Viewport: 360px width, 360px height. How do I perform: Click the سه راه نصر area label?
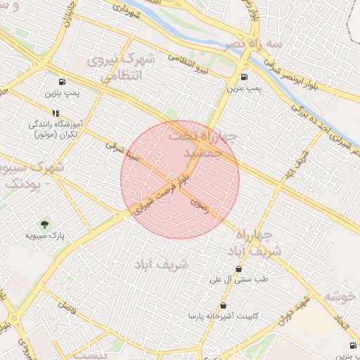(x=254, y=44)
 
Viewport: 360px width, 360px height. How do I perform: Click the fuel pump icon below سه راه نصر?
(x=244, y=77)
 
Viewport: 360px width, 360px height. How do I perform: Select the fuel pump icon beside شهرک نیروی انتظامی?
(x=64, y=82)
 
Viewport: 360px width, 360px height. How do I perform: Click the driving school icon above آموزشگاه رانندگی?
(x=55, y=112)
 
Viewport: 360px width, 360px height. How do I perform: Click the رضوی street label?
(x=199, y=204)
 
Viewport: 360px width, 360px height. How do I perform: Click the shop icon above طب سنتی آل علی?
(x=238, y=269)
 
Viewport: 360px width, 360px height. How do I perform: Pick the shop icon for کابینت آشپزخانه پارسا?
(x=223, y=306)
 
